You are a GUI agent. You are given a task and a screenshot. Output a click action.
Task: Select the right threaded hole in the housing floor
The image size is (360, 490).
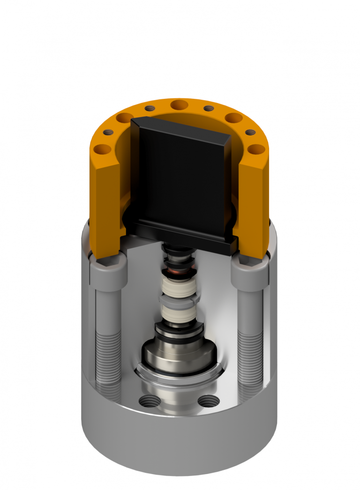point(206,401)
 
